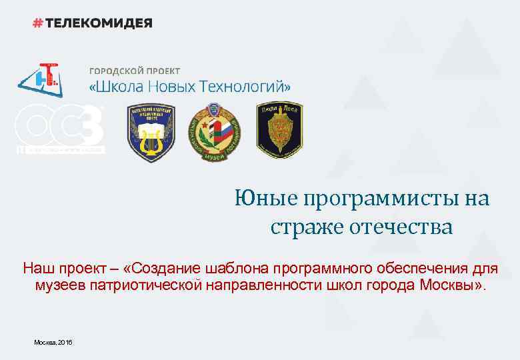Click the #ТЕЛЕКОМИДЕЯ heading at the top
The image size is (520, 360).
pyautogui.click(x=93, y=23)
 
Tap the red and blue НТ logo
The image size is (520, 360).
pyautogui.click(x=41, y=79)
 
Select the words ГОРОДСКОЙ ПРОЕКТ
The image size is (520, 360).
pyautogui.click(x=134, y=71)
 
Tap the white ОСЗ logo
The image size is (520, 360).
pyautogui.click(x=60, y=128)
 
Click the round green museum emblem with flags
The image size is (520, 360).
pyautogui.click(x=211, y=132)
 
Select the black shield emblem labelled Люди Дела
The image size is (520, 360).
pyautogui.click(x=279, y=129)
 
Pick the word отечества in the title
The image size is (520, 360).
pyautogui.click(x=400, y=227)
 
